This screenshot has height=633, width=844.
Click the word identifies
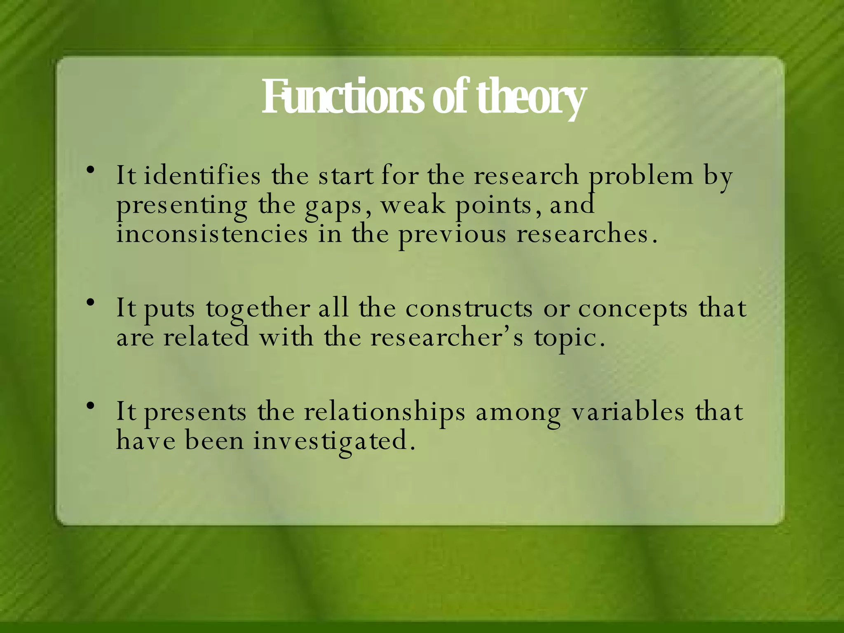[x=202, y=176]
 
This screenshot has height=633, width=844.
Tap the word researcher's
[x=447, y=338]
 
